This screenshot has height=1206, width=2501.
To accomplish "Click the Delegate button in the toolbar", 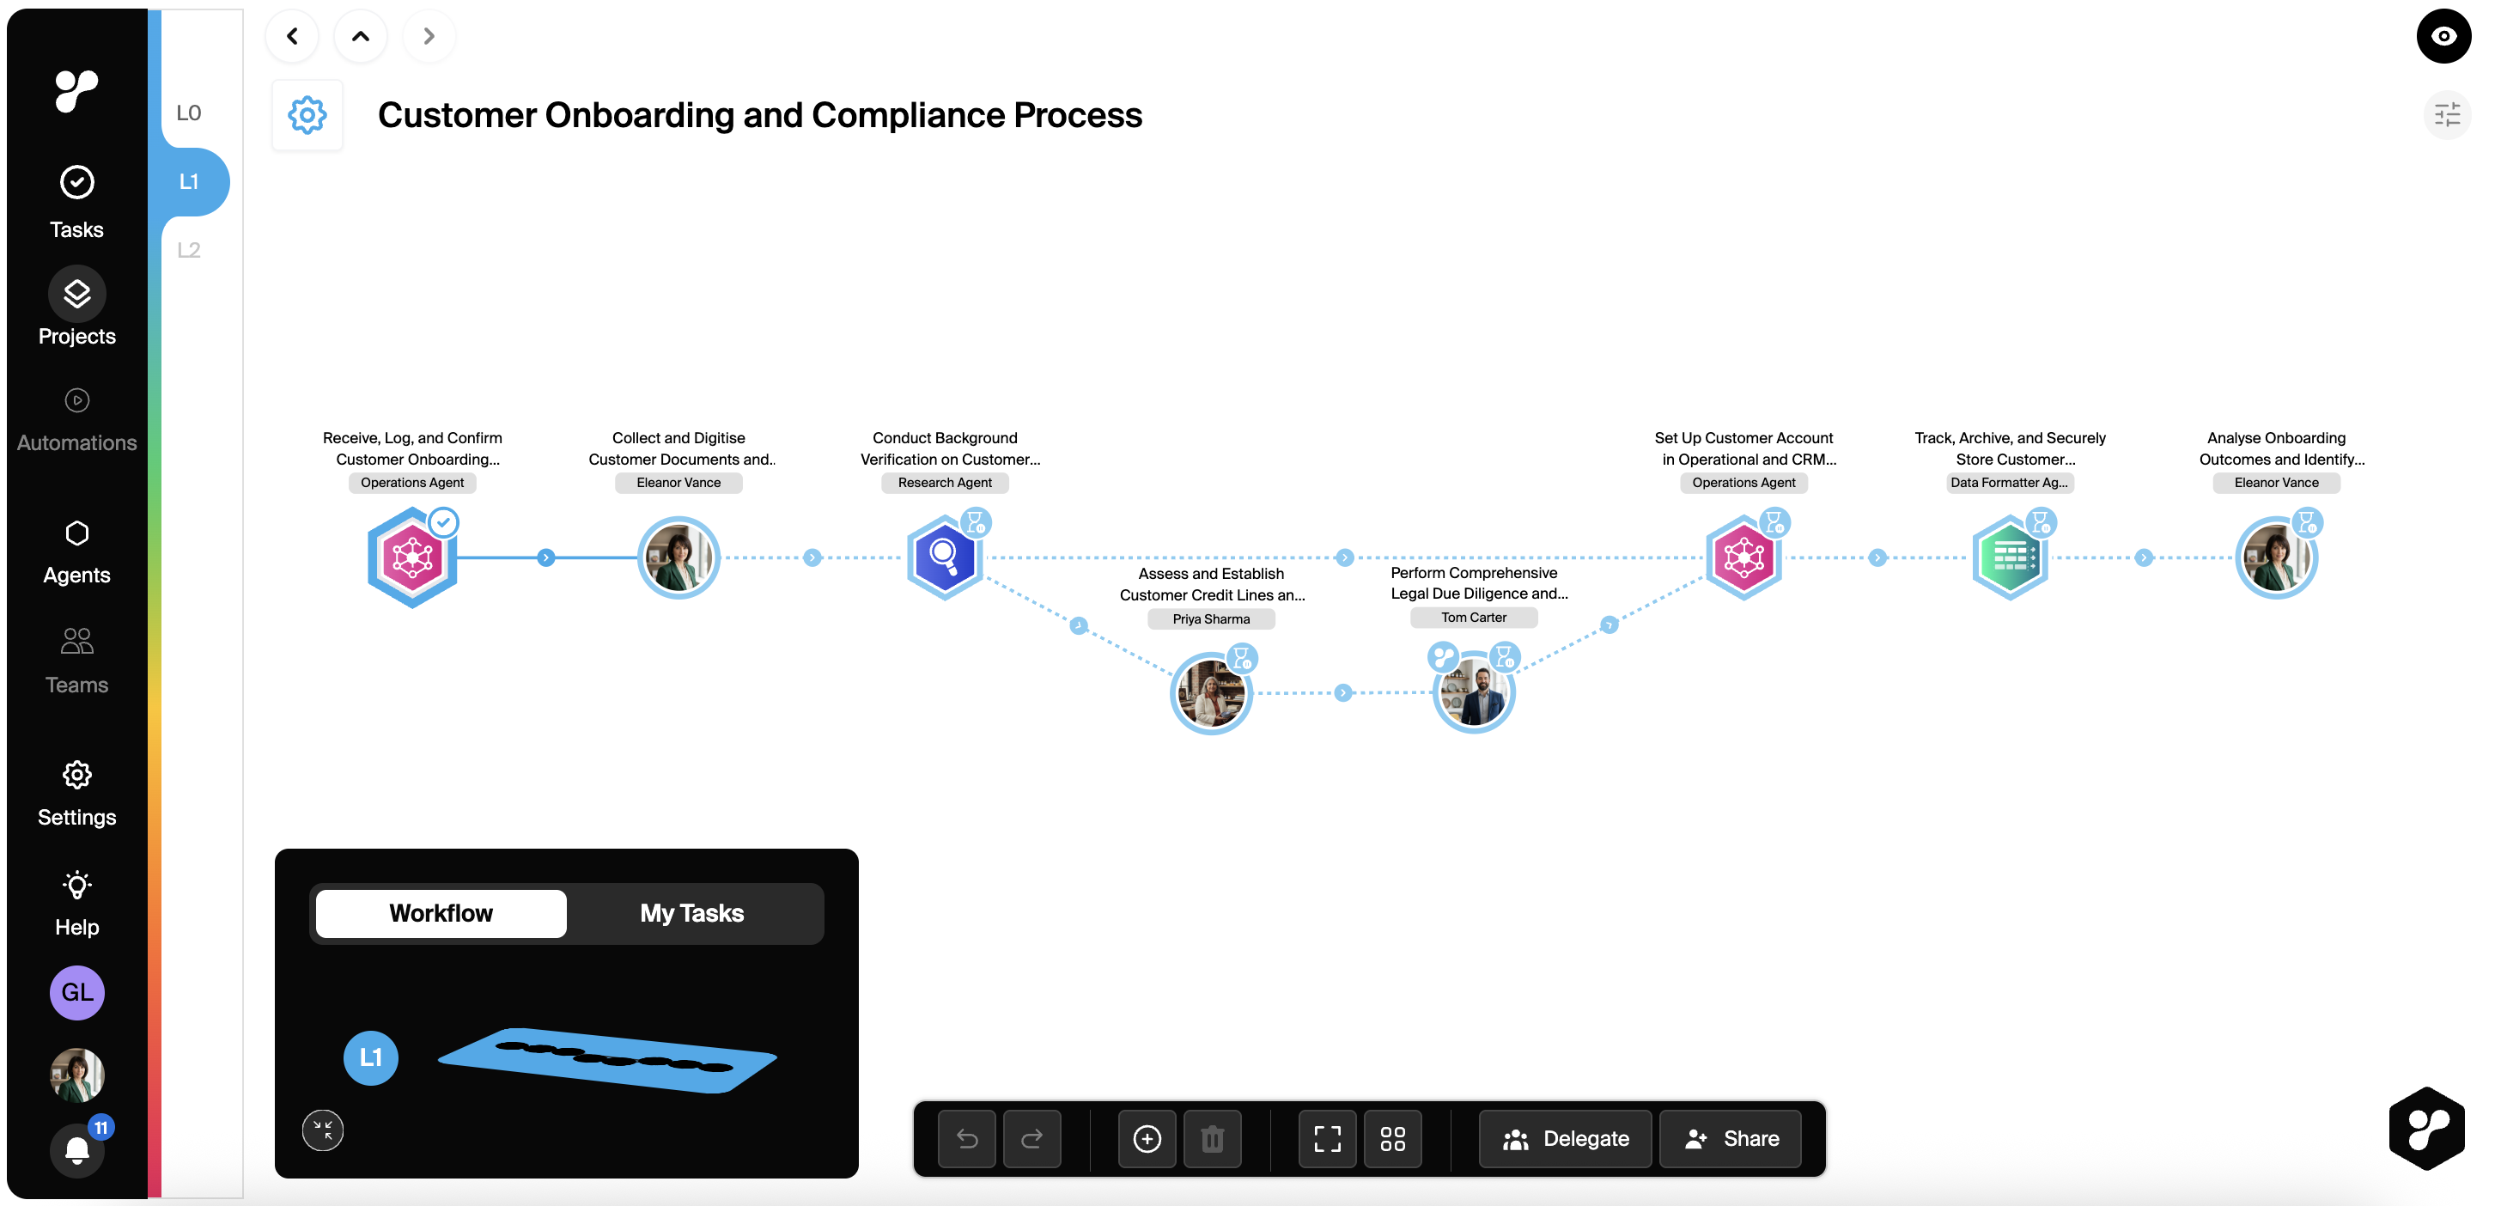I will pyautogui.click(x=1564, y=1138).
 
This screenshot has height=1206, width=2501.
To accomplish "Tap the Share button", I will pyautogui.click(x=1731, y=1138).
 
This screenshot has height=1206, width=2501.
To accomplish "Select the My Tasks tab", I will pyautogui.click(x=691, y=913).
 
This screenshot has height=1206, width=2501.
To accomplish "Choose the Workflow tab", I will pyautogui.click(x=441, y=913).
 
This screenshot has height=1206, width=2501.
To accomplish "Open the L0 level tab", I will pyautogui.click(x=188, y=113).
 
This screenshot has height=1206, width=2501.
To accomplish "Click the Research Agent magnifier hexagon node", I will pyautogui.click(x=944, y=557).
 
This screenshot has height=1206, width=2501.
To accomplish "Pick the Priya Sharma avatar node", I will pyautogui.click(x=1211, y=693).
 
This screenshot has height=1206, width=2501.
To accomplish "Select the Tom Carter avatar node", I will pyautogui.click(x=1474, y=693).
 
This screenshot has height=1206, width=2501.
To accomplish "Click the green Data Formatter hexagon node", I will pyautogui.click(x=2009, y=557).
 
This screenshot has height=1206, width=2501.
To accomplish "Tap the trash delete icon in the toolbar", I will pyautogui.click(x=1212, y=1138).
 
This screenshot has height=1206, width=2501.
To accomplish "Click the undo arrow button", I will pyautogui.click(x=967, y=1138).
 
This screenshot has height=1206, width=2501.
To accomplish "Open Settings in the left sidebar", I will pyautogui.click(x=76, y=792).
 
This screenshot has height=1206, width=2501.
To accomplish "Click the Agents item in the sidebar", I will pyautogui.click(x=76, y=551).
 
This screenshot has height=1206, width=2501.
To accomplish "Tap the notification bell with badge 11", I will pyautogui.click(x=77, y=1148).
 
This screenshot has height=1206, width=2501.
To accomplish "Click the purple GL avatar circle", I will pyautogui.click(x=77, y=992).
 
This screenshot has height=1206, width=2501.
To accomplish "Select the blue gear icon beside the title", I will pyautogui.click(x=307, y=116).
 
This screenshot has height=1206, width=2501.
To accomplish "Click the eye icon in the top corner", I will pyautogui.click(x=2443, y=36).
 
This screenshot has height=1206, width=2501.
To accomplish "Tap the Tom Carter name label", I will pyautogui.click(x=1473, y=618).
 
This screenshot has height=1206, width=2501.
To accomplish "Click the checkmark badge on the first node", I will pyautogui.click(x=444, y=522).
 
